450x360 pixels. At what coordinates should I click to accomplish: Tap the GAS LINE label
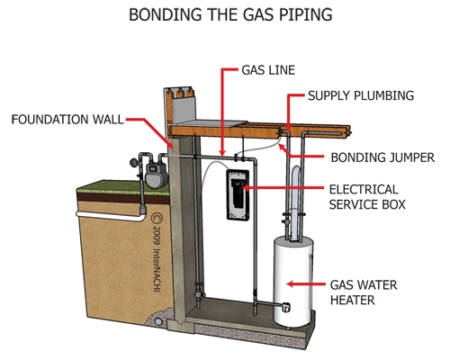268,70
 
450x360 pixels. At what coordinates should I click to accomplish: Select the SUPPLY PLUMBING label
361,95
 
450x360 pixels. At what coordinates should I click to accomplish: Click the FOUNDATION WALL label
67,120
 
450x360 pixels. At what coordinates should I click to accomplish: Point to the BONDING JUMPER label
382,157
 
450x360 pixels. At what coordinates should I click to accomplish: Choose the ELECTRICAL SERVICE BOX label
367,197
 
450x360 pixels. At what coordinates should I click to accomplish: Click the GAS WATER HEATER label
364,292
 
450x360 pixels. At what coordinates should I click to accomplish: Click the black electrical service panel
238,195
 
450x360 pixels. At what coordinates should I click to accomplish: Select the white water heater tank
292,281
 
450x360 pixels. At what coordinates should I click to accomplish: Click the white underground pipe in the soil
111,216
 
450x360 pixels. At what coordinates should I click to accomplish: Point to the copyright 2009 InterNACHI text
157,252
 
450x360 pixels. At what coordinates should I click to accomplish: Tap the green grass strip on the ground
123,188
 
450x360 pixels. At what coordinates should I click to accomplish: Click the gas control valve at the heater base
285,307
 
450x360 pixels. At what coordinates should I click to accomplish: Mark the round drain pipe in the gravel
157,322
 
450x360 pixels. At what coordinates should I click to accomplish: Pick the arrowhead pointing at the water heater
290,283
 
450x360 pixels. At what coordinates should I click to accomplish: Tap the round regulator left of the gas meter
133,163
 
